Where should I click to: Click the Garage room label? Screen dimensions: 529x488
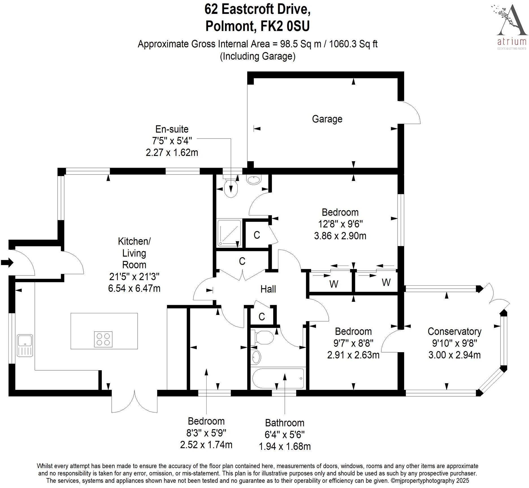(x=327, y=119)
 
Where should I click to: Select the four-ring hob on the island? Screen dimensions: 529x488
(x=103, y=339)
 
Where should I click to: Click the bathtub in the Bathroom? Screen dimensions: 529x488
(x=278, y=378)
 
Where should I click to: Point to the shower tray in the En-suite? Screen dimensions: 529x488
(x=229, y=233)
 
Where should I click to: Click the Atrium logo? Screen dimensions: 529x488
(x=512, y=27)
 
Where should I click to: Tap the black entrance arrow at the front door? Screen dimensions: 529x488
(x=7, y=262)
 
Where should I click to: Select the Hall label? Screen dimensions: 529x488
(x=268, y=289)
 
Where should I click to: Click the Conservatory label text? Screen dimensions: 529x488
(x=454, y=331)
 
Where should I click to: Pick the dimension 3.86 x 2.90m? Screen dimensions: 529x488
(x=340, y=236)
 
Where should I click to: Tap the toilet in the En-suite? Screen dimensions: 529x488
(x=230, y=188)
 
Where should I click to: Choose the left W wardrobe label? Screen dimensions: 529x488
(x=334, y=284)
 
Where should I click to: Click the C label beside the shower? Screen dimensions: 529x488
(x=257, y=235)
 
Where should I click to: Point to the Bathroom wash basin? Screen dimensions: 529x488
(x=256, y=357)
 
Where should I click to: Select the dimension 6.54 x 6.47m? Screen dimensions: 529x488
(x=134, y=288)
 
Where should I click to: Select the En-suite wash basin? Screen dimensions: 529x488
(x=254, y=180)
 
